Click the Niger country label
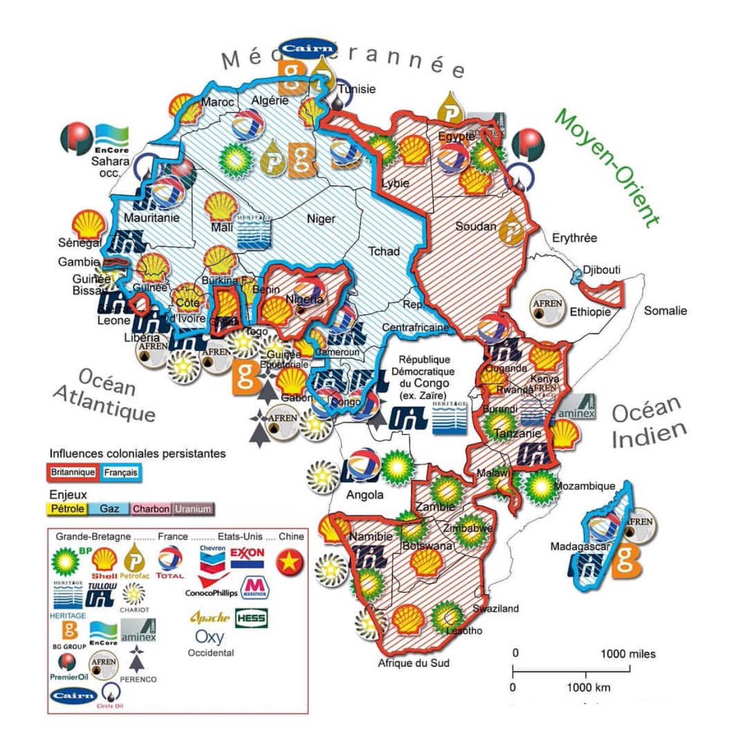click(321, 219)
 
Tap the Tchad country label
click(384, 251)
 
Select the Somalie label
click(665, 310)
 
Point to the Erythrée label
click(574, 238)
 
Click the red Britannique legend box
click(72, 472)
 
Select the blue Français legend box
click(120, 472)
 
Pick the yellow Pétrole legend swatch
click(67, 509)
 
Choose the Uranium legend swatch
click(193, 509)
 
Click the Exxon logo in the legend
click(247, 558)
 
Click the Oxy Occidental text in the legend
click(210, 643)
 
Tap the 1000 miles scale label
click(627, 654)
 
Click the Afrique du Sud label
click(413, 663)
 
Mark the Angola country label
click(364, 495)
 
